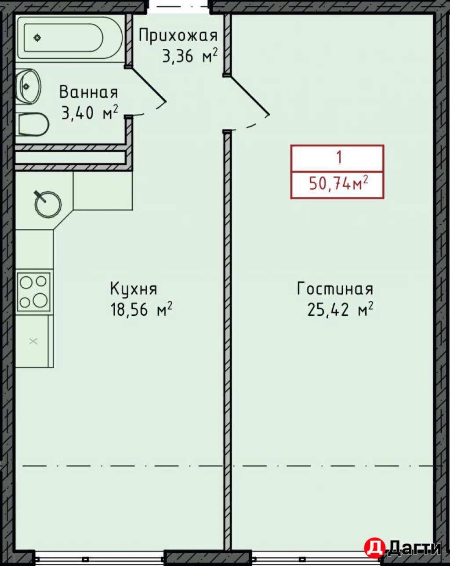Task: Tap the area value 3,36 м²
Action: coord(190,56)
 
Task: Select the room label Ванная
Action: coord(88,92)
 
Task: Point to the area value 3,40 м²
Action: coord(90,113)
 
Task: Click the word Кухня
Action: coord(133,289)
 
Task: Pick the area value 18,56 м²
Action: coord(141,310)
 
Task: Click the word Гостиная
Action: coord(335,289)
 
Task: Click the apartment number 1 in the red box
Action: coord(339,157)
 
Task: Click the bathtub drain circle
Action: coord(37,38)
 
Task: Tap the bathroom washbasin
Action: coord(28,86)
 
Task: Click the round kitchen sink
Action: coord(48,204)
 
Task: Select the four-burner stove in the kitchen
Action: coord(33,292)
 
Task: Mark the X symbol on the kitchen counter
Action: coord(33,341)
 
